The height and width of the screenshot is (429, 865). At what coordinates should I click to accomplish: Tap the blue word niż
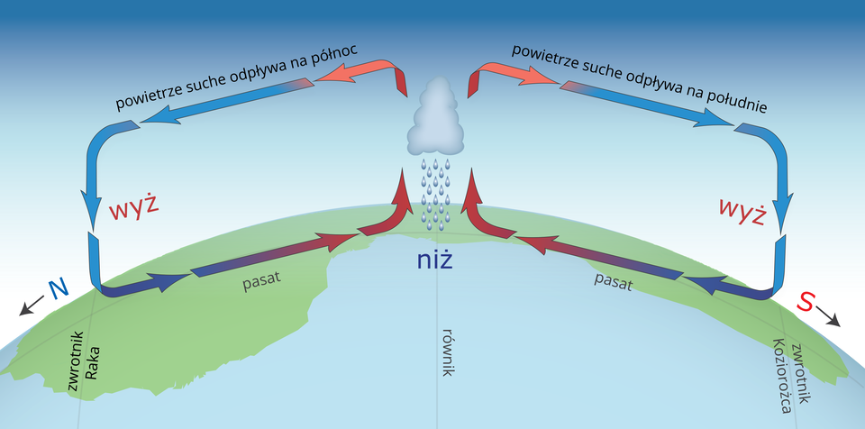coord(433,260)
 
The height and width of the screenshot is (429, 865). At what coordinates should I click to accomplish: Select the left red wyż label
coord(133,206)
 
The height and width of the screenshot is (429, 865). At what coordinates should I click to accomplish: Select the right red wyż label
coord(742,210)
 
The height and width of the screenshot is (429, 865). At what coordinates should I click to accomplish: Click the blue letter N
coord(59,288)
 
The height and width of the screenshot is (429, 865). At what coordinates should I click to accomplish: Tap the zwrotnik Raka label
coord(83,361)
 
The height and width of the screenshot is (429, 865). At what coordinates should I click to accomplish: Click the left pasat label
coord(262,278)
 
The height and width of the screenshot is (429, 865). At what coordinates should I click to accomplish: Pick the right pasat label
coord(614,280)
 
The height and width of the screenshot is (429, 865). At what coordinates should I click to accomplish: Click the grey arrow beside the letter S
coord(830,318)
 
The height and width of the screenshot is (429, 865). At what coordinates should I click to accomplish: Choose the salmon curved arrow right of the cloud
coord(504,73)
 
